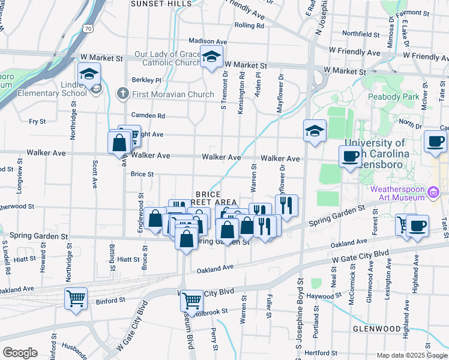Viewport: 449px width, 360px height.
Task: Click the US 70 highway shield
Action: (x=88, y=28)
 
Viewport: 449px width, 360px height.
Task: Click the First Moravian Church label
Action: (x=173, y=94)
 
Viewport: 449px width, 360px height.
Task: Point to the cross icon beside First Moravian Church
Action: (x=122, y=94)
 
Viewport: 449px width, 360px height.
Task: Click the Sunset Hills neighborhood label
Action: (x=161, y=4)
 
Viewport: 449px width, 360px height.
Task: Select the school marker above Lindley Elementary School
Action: (x=89, y=74)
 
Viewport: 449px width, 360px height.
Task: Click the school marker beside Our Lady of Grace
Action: (x=211, y=58)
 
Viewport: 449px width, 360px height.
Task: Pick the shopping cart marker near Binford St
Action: (x=76, y=298)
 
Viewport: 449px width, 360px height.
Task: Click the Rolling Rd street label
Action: (x=250, y=26)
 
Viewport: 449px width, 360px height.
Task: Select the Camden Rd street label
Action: (x=149, y=115)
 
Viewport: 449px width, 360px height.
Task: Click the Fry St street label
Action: (x=37, y=121)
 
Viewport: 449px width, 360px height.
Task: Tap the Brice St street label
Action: (x=142, y=175)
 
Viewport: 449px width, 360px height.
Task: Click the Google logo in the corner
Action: (x=20, y=353)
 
